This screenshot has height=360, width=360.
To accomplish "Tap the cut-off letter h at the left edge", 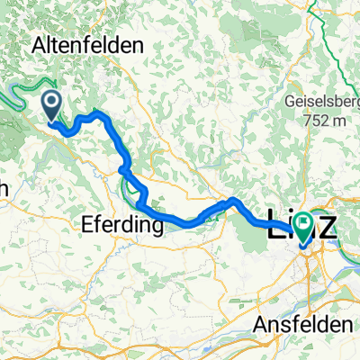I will pyautogui.click(x=4, y=188).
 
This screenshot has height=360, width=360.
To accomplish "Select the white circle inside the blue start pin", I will pyautogui.click(x=50, y=102).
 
